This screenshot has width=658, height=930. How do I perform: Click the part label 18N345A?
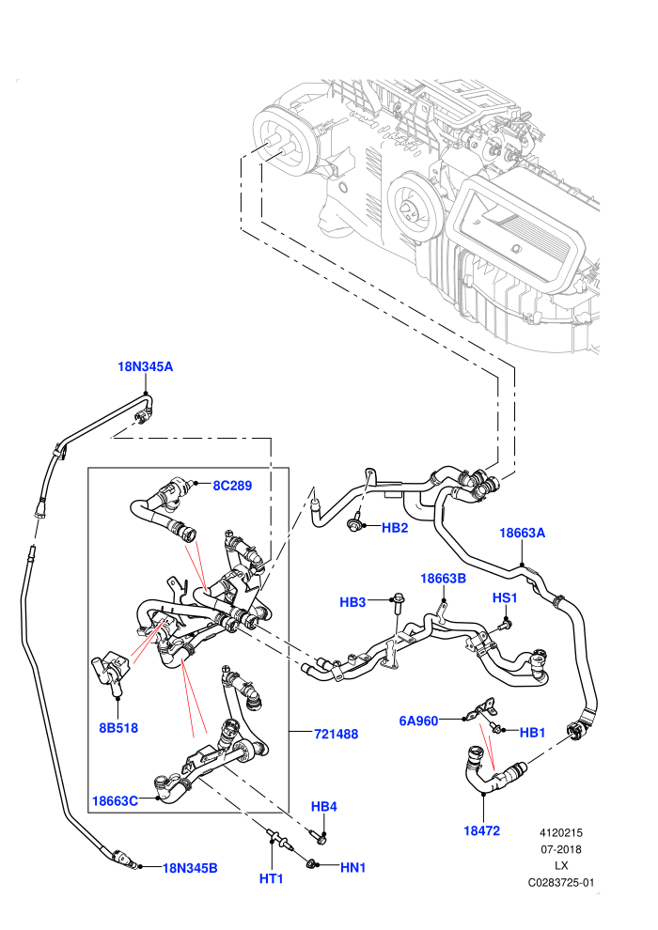coord(146,366)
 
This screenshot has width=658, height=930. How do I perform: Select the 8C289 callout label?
coord(232,486)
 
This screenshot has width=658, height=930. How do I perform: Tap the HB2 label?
coord(395,527)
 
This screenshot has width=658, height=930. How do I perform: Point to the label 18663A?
coord(522,533)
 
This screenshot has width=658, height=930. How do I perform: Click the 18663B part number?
coord(444,579)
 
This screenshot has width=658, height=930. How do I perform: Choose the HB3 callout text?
coord(352,602)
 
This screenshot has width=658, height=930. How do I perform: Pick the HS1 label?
coord(505,597)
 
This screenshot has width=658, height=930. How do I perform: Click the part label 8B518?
coord(118,728)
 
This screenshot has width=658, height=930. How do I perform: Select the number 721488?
coord(336,735)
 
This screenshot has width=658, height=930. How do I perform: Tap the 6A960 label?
coord(418,721)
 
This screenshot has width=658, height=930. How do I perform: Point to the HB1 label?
coord(532,733)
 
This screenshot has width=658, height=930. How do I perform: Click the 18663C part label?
coord(115,801)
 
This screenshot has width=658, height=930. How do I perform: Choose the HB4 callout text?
coord(324,807)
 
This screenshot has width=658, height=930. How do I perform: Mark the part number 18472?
coord(482,831)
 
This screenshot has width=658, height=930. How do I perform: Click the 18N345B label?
coord(190,868)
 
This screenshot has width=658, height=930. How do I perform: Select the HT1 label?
coord(271,878)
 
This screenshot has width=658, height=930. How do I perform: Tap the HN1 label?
coord(353,868)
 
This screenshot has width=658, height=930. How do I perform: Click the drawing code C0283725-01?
coord(561,882)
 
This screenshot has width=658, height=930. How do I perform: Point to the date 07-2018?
coord(561,849)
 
